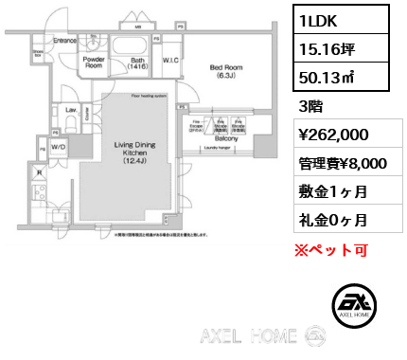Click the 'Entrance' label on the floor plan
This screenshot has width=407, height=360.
click(63, 42)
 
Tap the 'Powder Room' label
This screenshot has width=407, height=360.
click(93, 63)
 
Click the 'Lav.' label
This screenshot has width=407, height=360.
click(70, 111)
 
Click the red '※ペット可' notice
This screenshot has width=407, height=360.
click(327, 250)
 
